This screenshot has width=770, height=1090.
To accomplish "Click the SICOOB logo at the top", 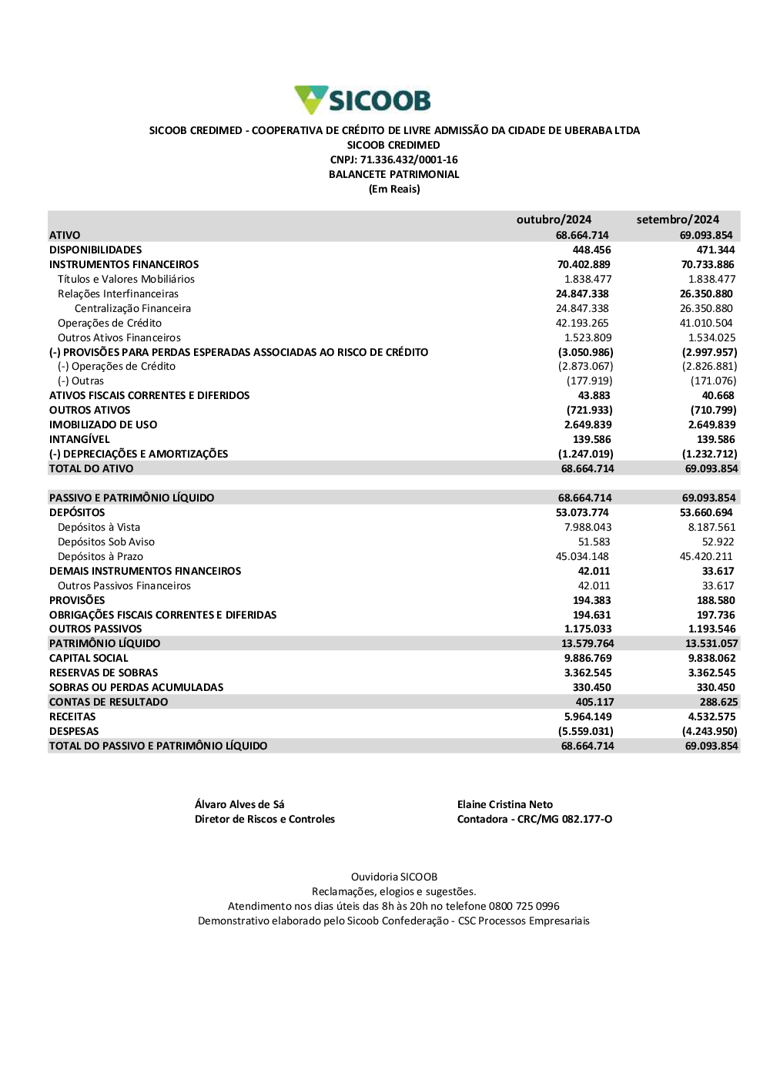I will pyautogui.click(x=363, y=100).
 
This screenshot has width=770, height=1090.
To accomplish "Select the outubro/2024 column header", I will pyautogui.click(x=554, y=220).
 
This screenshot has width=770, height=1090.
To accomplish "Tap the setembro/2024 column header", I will pyautogui.click(x=678, y=220).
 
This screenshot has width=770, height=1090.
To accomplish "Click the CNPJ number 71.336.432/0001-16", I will pyautogui.click(x=409, y=160).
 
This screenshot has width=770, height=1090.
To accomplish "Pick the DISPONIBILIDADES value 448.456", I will pyautogui.click(x=591, y=250).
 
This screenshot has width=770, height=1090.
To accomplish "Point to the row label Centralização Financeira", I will pyautogui.click(x=132, y=309).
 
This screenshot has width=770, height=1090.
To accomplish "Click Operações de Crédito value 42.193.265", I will pyautogui.click(x=582, y=324).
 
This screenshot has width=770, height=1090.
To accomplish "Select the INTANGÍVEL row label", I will pyautogui.click(x=79, y=440).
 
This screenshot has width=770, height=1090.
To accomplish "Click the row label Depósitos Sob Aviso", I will pyautogui.click(x=106, y=542).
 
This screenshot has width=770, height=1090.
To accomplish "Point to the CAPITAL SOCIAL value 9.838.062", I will pyautogui.click(x=711, y=659).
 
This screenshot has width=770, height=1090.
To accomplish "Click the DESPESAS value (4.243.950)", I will pyautogui.click(x=709, y=732).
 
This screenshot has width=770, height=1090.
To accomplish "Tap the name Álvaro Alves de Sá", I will pyautogui.click(x=239, y=805).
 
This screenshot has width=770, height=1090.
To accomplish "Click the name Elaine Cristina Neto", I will pyautogui.click(x=505, y=805).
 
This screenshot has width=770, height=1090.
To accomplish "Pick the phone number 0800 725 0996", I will pyautogui.click(x=524, y=907).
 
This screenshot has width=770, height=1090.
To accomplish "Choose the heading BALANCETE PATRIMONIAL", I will pyautogui.click(x=394, y=175).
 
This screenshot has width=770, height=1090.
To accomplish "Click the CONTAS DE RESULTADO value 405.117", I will pyautogui.click(x=594, y=703).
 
